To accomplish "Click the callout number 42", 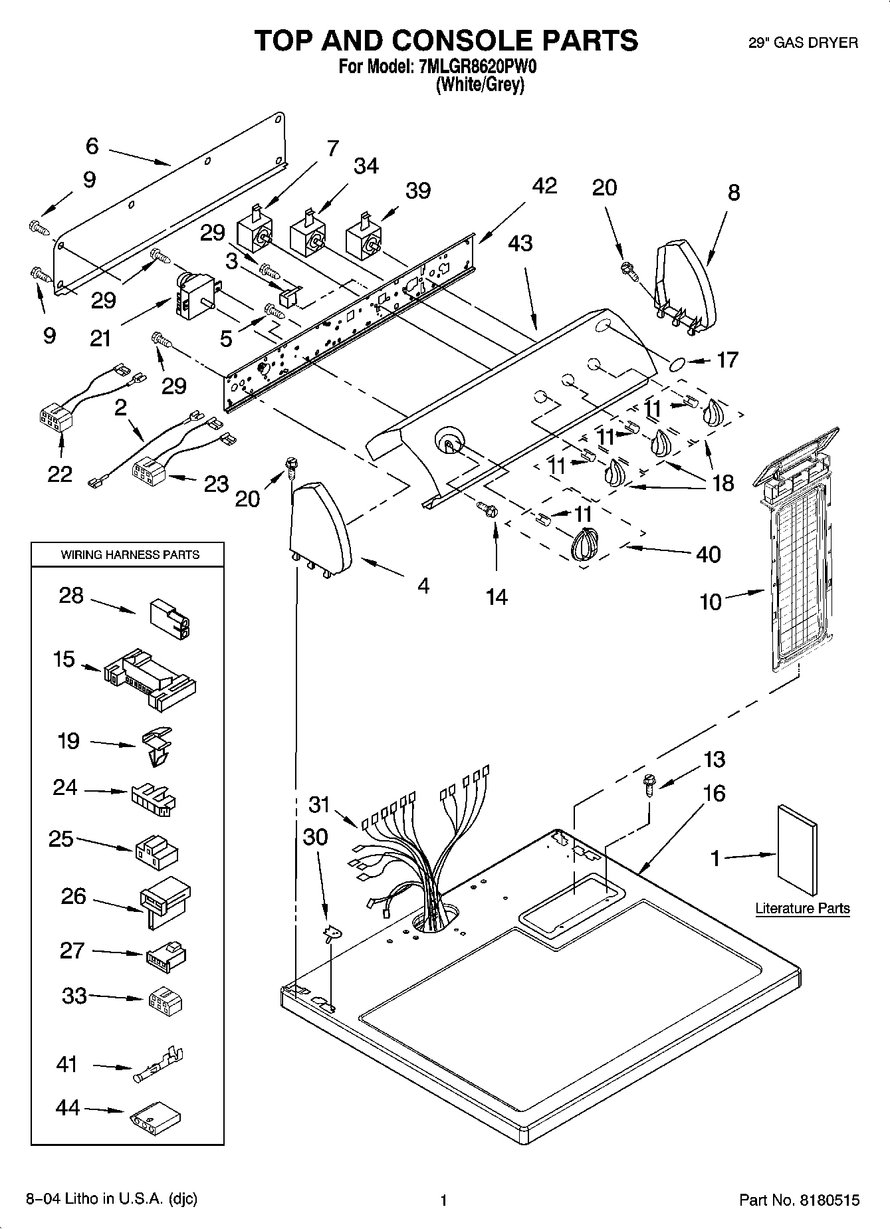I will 544,186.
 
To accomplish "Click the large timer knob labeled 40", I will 584,546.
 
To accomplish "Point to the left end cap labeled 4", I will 320,528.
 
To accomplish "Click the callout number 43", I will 520,243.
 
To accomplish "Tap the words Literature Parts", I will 802,909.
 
